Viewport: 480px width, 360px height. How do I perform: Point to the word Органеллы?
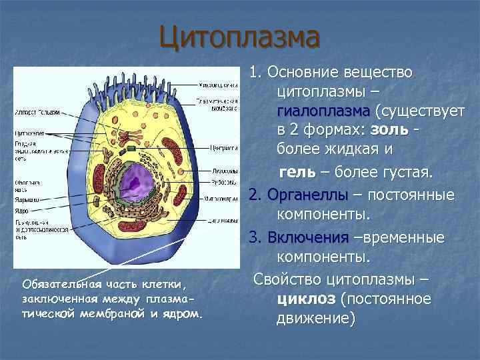307,195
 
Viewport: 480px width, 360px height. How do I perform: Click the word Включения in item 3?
307,238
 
